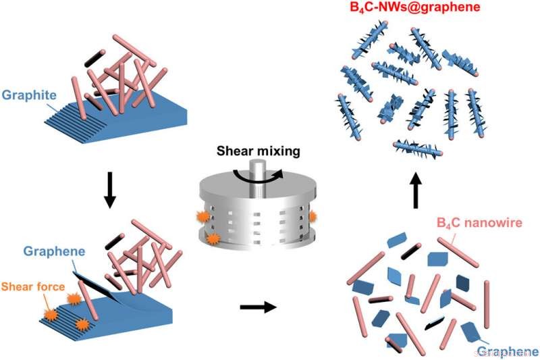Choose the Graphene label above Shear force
tap(54, 251)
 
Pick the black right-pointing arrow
tap(258, 308)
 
